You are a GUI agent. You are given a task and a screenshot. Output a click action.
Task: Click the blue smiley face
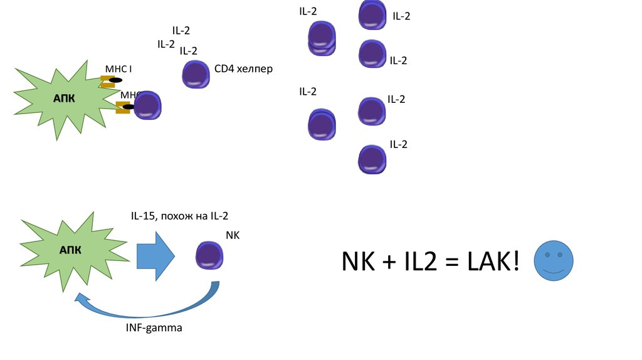click(x=554, y=262)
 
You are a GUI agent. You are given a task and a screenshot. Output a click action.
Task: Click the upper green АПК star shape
click(x=60, y=99)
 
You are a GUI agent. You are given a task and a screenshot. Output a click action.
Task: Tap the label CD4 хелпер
click(x=243, y=68)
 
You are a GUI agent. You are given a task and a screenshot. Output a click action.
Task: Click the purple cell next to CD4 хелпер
click(x=196, y=74)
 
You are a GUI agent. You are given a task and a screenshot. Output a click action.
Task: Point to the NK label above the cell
click(x=233, y=235)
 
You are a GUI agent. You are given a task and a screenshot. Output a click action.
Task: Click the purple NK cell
click(x=209, y=255)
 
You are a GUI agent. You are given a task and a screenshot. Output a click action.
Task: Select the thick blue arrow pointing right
click(x=155, y=254)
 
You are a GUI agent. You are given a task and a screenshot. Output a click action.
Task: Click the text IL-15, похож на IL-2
click(x=179, y=216)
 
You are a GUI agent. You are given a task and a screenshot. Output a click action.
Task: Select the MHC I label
click(x=118, y=68)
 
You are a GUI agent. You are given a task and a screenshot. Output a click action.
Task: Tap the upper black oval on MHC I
click(x=115, y=80)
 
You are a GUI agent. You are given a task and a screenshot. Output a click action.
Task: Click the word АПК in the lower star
click(x=70, y=250)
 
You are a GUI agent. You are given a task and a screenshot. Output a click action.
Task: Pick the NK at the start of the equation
click(x=358, y=262)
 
